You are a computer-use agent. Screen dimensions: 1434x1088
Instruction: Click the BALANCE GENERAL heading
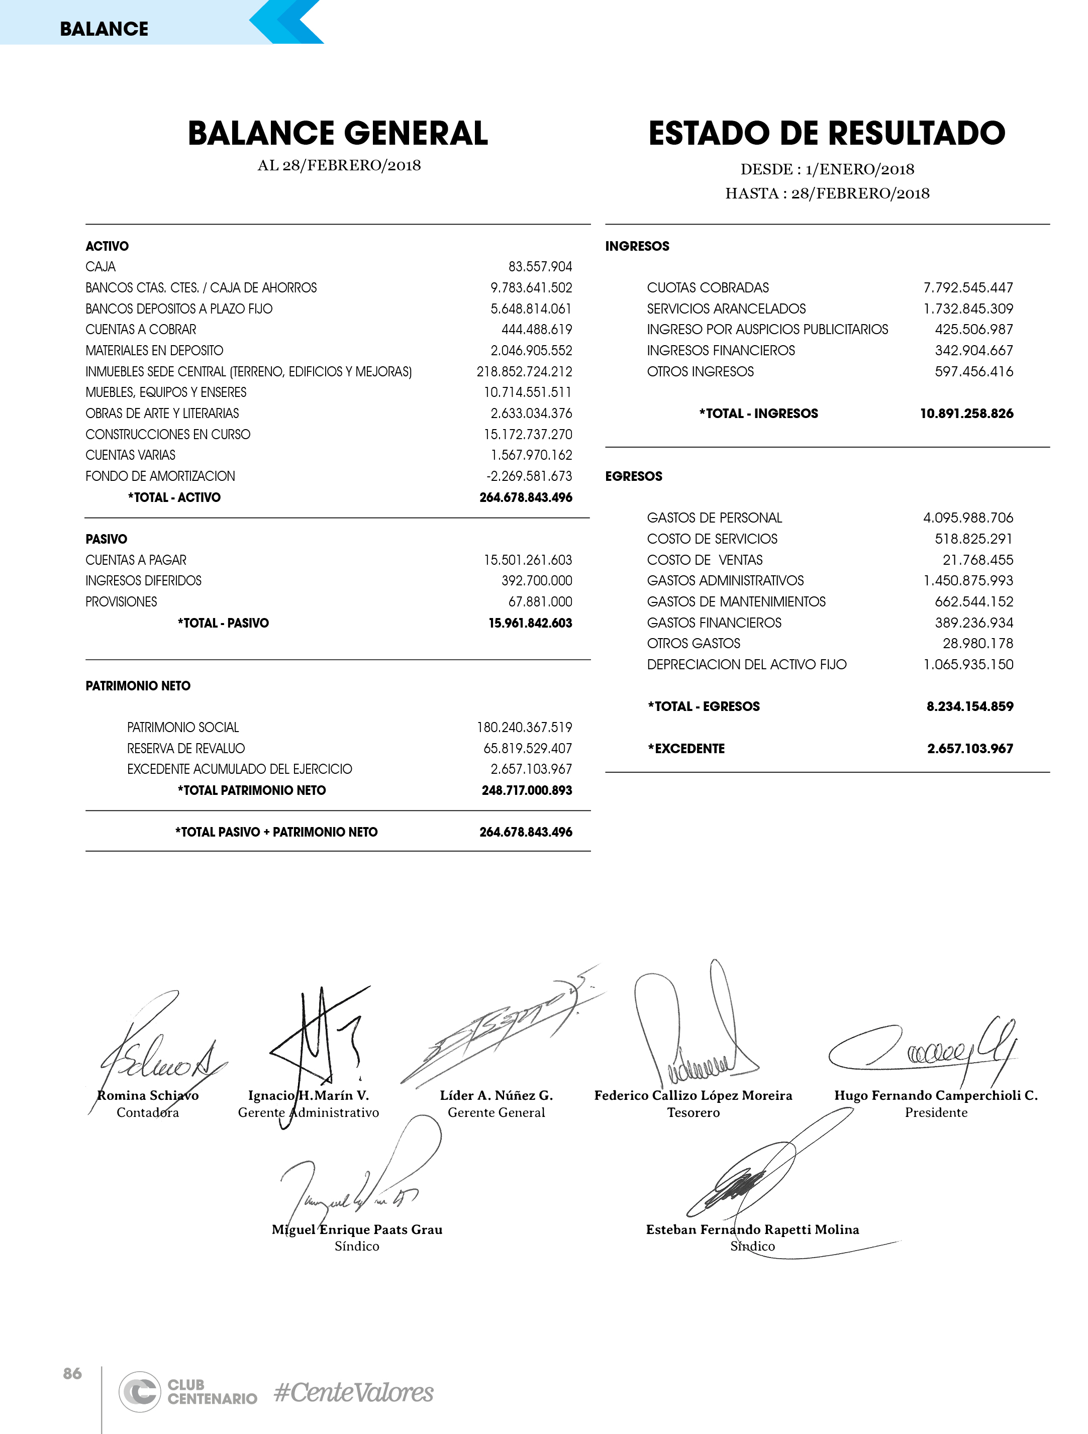(337, 134)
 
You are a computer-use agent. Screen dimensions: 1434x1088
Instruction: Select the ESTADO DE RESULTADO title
(827, 134)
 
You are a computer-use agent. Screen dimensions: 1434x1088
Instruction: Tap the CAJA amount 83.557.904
(540, 266)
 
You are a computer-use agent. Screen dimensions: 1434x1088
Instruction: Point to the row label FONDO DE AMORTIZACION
(160, 476)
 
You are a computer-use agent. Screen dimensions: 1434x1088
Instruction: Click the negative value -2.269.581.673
(529, 476)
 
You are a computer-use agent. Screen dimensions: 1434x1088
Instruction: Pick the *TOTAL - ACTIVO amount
(526, 497)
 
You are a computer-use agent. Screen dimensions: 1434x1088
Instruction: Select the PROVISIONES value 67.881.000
(540, 601)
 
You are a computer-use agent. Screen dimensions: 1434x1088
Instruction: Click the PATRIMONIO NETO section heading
(138, 686)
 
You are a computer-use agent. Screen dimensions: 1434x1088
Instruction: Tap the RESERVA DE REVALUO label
(186, 748)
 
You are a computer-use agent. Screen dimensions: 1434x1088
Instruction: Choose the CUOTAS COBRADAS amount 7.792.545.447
(968, 287)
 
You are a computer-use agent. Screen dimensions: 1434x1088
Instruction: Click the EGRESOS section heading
(634, 476)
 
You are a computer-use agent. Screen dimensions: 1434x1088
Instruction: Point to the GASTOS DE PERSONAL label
(715, 518)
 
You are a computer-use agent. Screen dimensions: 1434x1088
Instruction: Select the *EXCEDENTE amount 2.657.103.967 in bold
(970, 748)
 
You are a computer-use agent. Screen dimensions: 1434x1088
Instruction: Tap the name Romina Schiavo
(148, 1095)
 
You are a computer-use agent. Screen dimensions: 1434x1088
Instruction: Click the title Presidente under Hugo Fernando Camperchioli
(936, 1112)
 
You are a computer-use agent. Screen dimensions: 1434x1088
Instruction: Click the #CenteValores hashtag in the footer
(353, 1392)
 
